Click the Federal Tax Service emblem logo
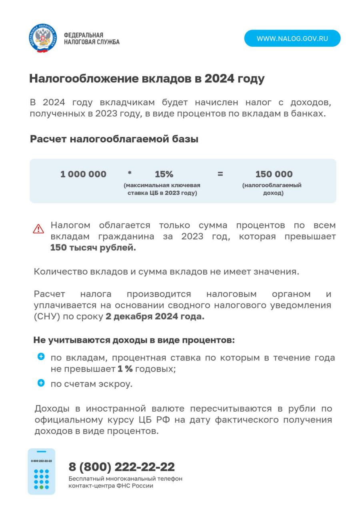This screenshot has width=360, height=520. (x=43, y=38)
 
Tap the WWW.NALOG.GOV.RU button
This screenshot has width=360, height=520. (x=292, y=38)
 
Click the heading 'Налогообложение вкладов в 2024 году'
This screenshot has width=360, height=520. (x=147, y=78)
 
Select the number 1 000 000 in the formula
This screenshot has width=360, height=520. (x=83, y=174)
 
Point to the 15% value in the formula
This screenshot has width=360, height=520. (x=164, y=174)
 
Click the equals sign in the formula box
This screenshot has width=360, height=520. (x=220, y=174)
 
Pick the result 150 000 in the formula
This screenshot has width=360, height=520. (x=274, y=174)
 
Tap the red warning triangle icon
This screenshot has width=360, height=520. (x=38, y=229)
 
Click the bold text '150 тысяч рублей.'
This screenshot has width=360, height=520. (x=93, y=248)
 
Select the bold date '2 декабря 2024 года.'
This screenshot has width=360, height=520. (x=155, y=316)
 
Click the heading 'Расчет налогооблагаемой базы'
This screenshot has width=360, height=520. (x=114, y=139)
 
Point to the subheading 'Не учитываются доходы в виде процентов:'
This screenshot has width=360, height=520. (x=134, y=340)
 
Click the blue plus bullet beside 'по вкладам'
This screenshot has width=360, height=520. (x=41, y=356)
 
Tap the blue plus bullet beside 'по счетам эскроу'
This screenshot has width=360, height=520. (x=41, y=383)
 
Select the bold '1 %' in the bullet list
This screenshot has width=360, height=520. (x=125, y=368)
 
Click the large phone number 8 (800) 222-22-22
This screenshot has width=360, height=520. (x=122, y=467)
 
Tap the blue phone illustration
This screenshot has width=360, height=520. (x=41, y=472)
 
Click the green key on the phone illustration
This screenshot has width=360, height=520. (x=41, y=487)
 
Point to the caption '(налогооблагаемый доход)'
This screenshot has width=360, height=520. (x=272, y=189)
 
